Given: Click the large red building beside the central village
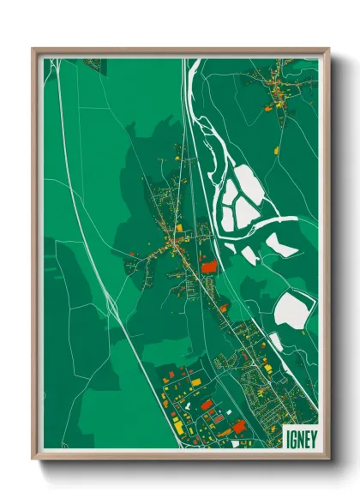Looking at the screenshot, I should pos(208,267).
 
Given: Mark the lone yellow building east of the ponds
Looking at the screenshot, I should pos(277,151).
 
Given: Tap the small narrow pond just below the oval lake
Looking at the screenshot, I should pos(276,340).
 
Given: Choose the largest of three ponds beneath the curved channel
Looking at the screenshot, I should pos(281,246).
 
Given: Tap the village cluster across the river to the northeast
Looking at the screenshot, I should pos(274,86).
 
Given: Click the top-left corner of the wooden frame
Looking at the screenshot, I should pos(33,50).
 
